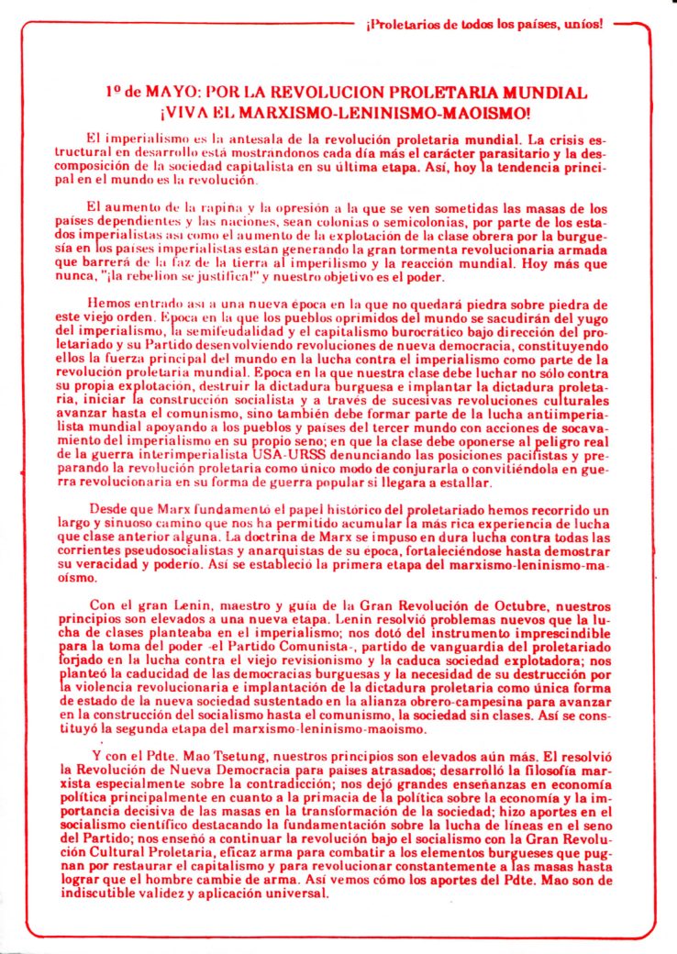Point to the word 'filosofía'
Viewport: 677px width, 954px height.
(546, 771)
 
